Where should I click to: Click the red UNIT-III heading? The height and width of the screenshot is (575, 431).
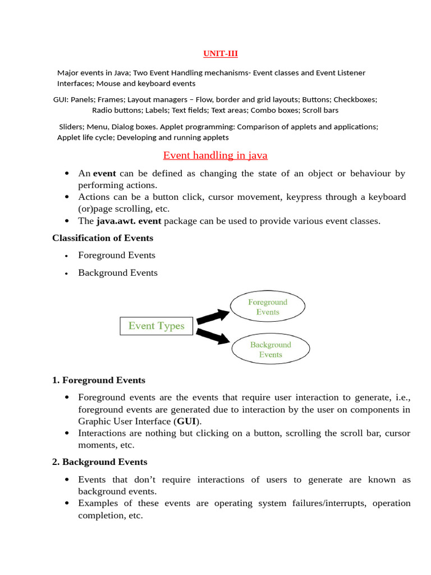220,54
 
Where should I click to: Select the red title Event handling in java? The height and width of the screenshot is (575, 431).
215,155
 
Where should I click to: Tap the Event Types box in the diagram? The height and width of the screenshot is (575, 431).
156,326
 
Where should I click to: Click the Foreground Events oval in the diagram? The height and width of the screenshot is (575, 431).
268,307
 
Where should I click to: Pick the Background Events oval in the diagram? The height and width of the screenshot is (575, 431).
270,349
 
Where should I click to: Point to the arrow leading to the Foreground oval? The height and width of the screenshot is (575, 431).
213,316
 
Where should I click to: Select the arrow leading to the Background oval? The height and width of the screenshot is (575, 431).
213,336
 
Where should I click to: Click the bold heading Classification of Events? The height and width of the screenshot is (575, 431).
103,238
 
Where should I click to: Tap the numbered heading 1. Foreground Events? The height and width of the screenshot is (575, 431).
99,380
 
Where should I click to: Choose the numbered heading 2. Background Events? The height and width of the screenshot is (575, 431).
100,462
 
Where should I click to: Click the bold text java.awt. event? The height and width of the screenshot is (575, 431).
129,221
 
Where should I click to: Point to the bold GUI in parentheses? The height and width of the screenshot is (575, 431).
186,421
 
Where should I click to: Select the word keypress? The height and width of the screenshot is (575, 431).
306,197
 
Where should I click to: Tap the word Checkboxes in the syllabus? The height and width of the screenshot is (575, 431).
355,99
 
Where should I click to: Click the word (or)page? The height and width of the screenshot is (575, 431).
98,209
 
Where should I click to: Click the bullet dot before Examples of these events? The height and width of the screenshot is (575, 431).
67,503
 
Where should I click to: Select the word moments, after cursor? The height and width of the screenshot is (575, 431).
97,445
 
